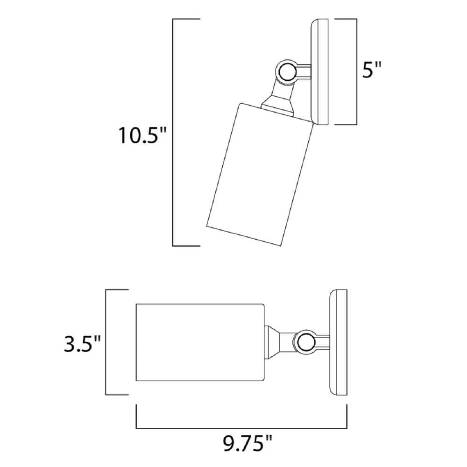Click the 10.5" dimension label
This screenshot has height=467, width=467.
tap(142, 135)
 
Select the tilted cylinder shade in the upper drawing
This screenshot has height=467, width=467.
tap(259, 173)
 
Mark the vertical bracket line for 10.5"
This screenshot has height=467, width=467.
tap(173, 133)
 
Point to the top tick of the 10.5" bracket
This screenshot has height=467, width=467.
tap(186, 20)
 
